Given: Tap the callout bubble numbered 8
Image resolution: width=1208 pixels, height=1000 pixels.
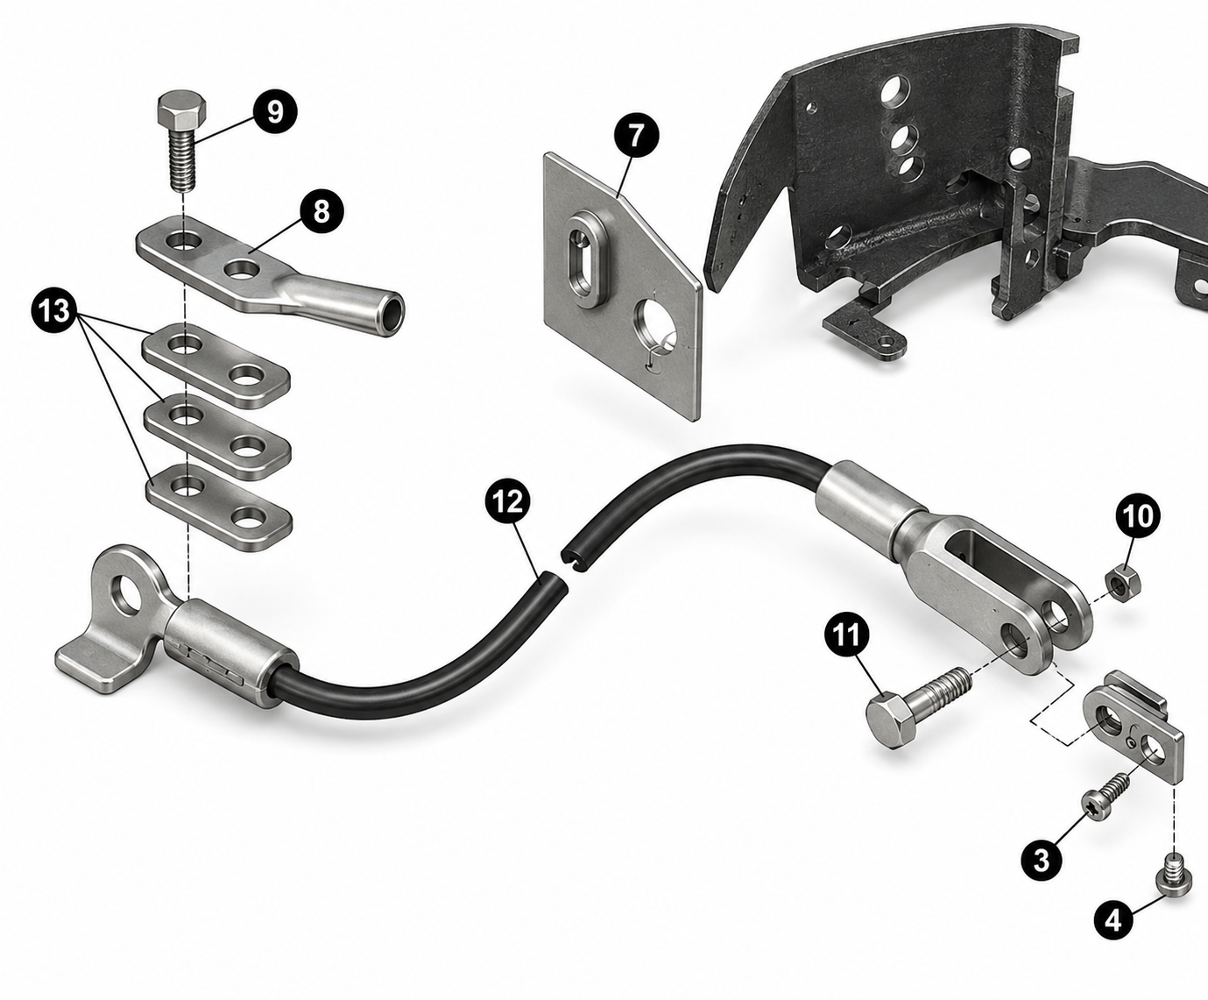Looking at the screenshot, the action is tap(321, 211).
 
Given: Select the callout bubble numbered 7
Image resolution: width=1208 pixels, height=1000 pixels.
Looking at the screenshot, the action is tap(635, 136).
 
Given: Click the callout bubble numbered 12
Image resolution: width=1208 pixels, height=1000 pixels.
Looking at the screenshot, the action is tap(509, 500).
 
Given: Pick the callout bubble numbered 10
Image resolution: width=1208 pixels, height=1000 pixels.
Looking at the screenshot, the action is tap(1138, 515).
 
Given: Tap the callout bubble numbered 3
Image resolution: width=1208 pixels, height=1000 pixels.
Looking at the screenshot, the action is tap(1042, 861).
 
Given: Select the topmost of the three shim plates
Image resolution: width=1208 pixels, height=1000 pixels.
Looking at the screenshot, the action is tap(215, 365).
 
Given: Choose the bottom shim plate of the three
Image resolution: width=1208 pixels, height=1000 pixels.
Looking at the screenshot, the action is tap(218, 507).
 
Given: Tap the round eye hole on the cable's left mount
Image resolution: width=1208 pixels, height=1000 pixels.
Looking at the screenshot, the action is tap(127, 595).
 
